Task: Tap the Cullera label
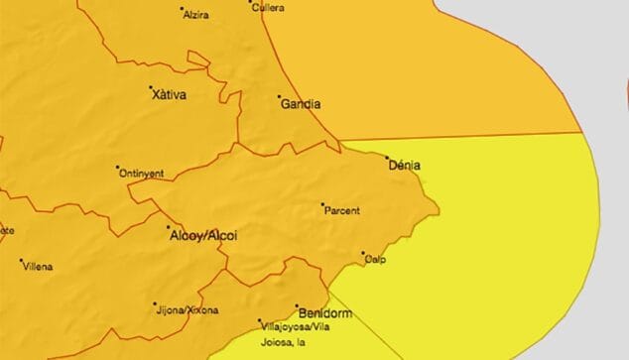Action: [269, 8]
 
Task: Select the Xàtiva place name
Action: [170, 95]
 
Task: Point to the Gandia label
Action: [301, 102]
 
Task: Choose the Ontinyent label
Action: [142, 173]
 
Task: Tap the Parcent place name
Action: [342, 210]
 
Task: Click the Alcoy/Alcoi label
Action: [203, 236]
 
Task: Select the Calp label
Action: [376, 260]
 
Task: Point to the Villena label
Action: [39, 267]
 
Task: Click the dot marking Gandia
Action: [279, 97]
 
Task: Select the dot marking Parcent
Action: [322, 205]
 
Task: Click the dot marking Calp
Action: [363, 253]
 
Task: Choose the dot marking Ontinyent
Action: [117, 167]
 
